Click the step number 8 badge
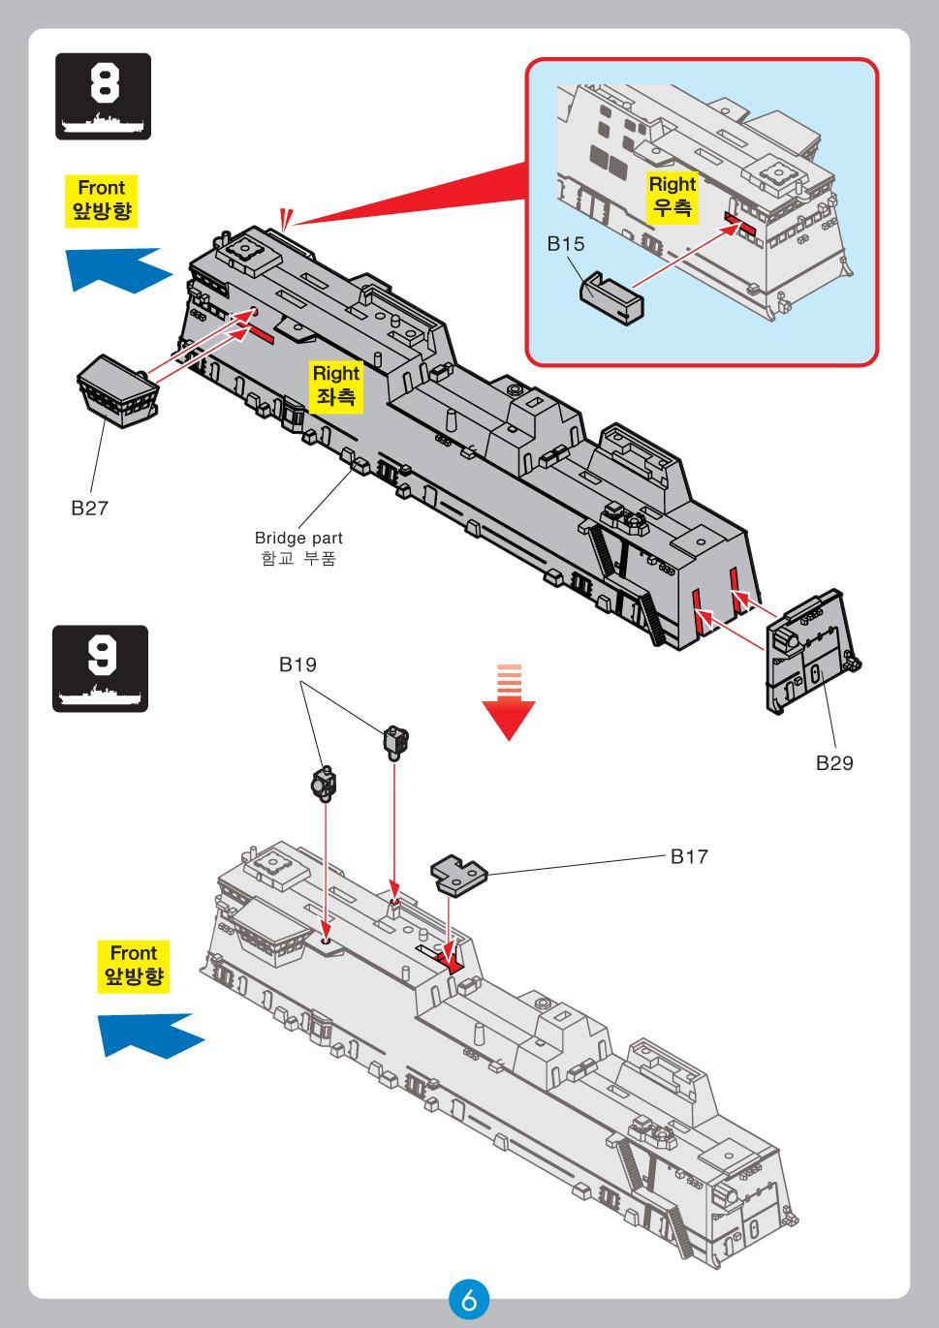[x=103, y=96]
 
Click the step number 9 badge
[x=101, y=668]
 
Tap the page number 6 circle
[x=469, y=1300]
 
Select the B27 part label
[x=90, y=507]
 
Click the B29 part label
[x=833, y=762]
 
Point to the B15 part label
[x=566, y=244]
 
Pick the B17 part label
[x=689, y=856]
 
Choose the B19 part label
[x=297, y=664]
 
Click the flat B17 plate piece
[x=458, y=874]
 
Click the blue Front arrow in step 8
[x=114, y=267]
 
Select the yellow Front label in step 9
[x=134, y=966]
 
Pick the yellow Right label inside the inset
[x=672, y=196]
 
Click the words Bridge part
[x=298, y=538]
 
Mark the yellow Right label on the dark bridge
[x=335, y=385]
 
